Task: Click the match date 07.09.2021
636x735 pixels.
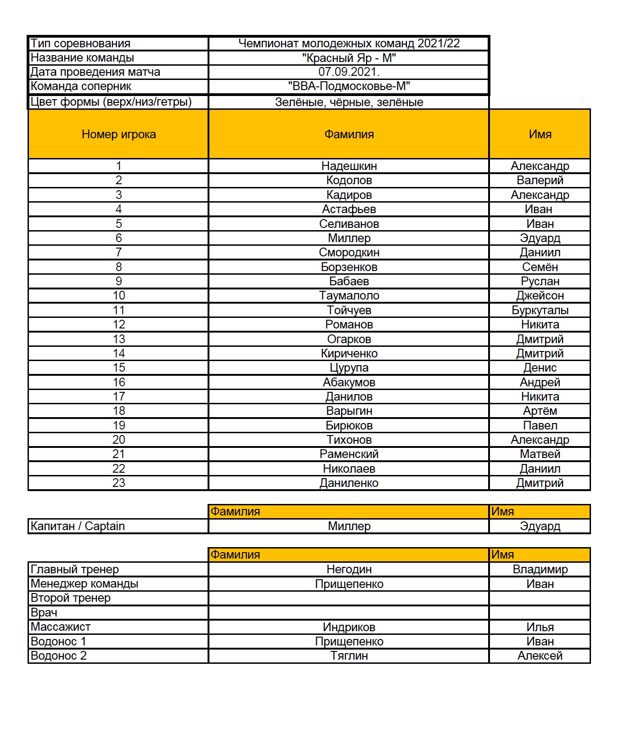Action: [349, 72]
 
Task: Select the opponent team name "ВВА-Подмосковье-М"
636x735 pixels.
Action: [349, 86]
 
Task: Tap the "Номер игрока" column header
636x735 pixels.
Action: [118, 134]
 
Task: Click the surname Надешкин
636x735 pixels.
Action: [349, 166]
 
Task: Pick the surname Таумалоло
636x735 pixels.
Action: [349, 295]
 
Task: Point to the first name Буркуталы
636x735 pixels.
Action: [540, 310]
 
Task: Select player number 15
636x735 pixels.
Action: [118, 367]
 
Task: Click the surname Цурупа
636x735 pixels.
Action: [349, 367]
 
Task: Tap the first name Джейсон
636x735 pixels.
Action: [540, 295]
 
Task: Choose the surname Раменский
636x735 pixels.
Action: [349, 454]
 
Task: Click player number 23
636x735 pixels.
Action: [118, 483]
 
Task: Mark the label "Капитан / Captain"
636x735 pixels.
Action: [78, 526]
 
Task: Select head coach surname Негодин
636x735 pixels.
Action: [349, 569]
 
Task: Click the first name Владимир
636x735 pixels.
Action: [540, 569]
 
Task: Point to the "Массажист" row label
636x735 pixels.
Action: [61, 627]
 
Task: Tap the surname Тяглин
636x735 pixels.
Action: [349, 656]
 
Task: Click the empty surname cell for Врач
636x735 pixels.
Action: [349, 612]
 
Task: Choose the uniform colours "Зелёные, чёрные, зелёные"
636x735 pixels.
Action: [349, 102]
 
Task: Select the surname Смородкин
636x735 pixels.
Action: [349, 252]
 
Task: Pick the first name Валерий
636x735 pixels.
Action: [540, 180]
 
